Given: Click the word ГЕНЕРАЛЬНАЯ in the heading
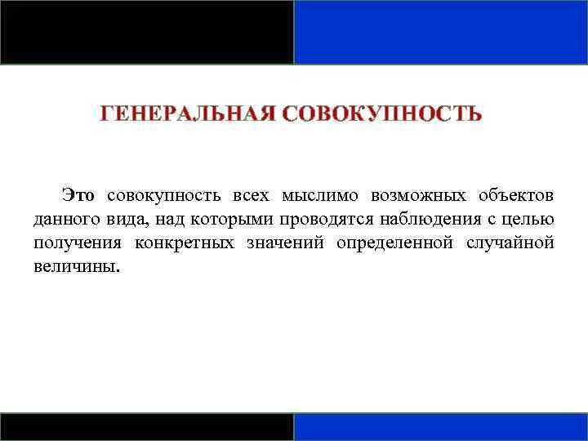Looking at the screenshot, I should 187,114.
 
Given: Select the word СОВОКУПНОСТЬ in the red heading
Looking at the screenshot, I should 382,114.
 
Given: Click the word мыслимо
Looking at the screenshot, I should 319,196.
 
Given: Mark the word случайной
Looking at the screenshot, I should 510,243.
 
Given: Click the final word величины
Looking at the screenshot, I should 76,267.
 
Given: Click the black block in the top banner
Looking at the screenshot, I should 147,32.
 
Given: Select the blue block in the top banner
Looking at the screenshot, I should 441,32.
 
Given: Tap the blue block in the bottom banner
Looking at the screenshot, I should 441,426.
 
